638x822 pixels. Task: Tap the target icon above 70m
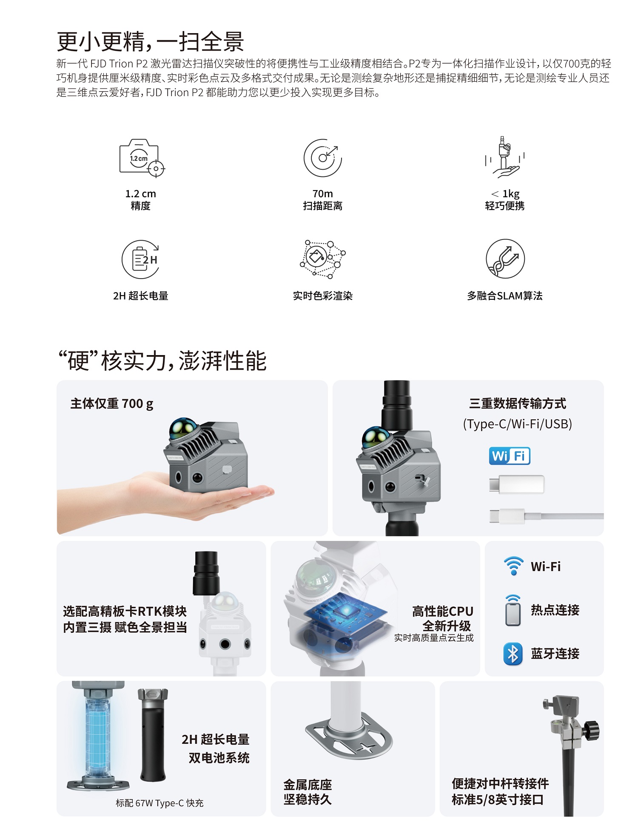tap(322, 158)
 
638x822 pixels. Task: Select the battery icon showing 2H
tap(141, 259)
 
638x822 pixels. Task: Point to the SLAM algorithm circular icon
tap(505, 259)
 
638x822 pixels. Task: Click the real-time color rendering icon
tap(322, 259)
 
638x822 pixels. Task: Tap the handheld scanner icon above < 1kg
tap(505, 157)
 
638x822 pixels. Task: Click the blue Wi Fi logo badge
tap(510, 456)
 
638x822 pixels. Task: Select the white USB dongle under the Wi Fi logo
tap(516, 484)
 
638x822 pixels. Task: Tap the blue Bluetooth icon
tap(513, 654)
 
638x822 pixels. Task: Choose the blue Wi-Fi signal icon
tap(514, 566)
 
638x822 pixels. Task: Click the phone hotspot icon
tap(513, 610)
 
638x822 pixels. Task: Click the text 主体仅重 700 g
tap(112, 404)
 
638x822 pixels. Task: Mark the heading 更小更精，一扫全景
tap(151, 41)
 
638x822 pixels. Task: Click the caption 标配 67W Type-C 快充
tap(159, 803)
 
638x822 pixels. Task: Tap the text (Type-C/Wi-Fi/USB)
tap(517, 424)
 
